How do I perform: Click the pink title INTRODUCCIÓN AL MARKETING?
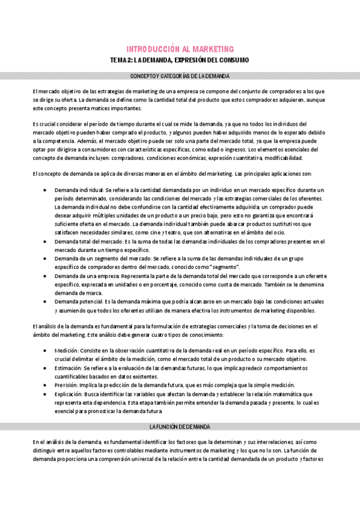[180, 49]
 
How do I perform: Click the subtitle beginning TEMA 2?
[180, 61]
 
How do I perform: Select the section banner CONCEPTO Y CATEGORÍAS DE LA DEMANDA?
[180, 76]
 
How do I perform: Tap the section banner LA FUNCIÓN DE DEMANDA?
[180, 426]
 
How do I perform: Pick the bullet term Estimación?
[68, 367]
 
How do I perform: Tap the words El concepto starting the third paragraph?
[47, 174]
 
